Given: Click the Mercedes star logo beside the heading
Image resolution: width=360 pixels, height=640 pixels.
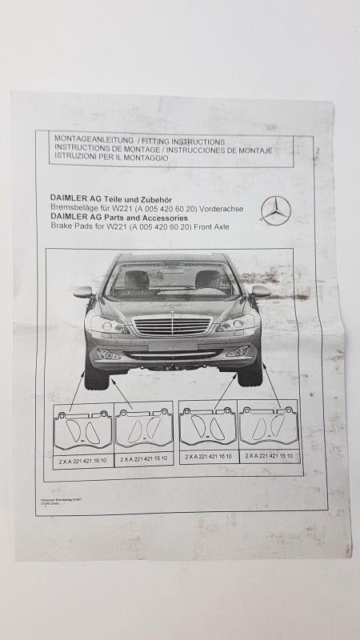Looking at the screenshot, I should coord(276,210).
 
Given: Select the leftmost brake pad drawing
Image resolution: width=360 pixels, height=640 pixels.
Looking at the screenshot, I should coord(82,430).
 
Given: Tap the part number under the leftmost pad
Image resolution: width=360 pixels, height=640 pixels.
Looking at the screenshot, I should coord(82,460).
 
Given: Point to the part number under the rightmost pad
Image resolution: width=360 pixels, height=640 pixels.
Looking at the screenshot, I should coord(270,456).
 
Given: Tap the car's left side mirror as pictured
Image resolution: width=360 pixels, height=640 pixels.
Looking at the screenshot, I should coord(84,292).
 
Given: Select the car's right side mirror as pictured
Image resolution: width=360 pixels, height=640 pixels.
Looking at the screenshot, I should coord(260,291).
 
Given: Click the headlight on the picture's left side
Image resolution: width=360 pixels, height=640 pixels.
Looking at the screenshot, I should coord(107,324).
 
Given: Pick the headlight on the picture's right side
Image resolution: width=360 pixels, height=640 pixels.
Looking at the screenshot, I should coord(237,323).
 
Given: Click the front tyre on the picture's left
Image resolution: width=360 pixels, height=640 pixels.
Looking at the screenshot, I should coord(96,376).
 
